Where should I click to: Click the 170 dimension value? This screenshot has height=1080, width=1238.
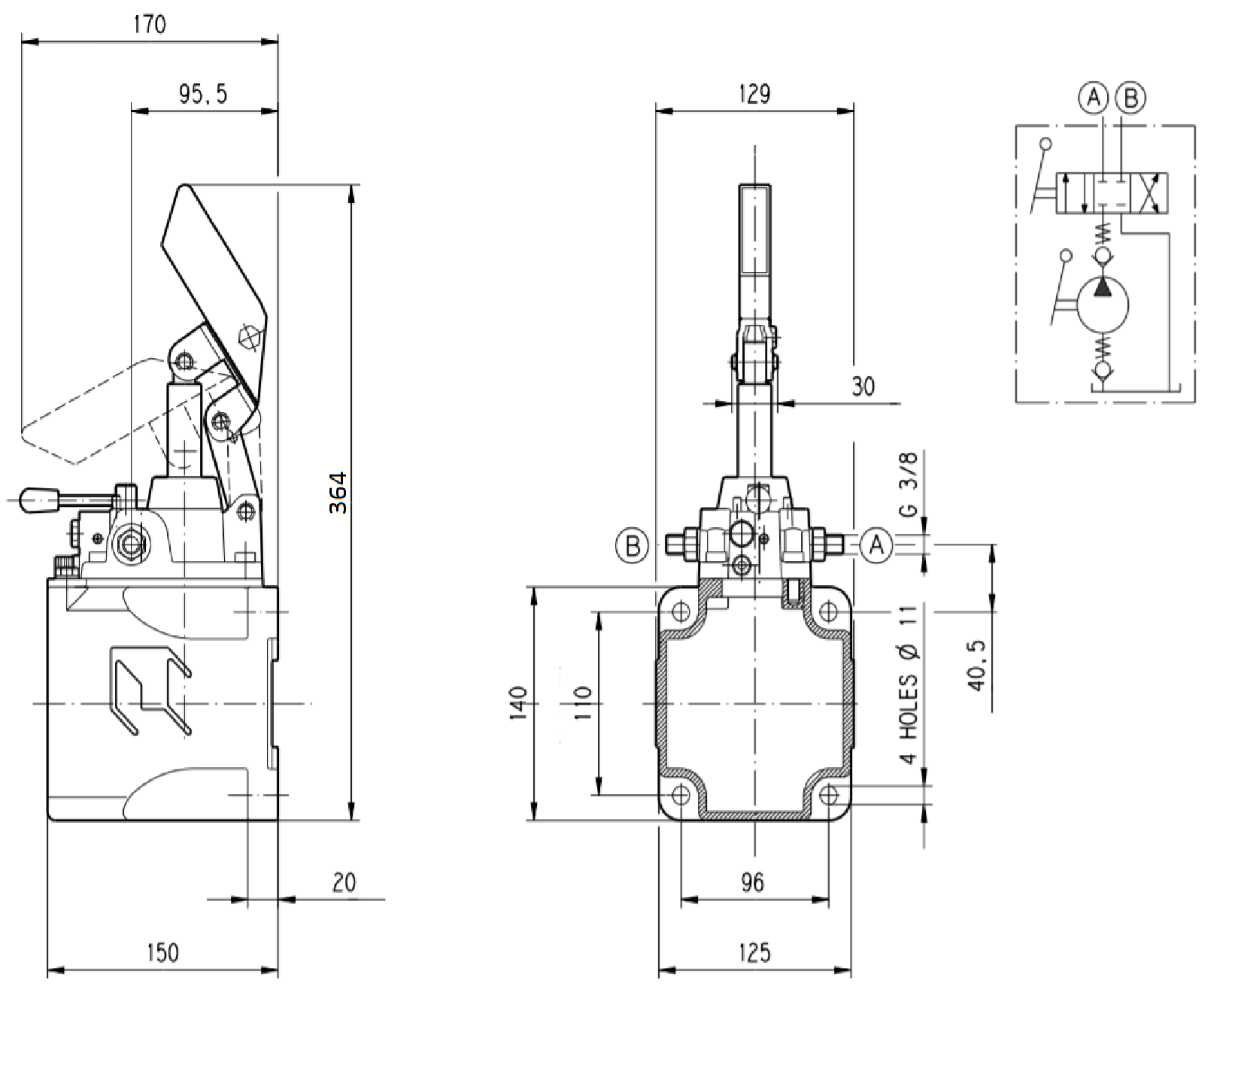coord(149,25)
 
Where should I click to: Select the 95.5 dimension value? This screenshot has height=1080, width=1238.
coord(202,94)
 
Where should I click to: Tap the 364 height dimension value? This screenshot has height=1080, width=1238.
coord(338,493)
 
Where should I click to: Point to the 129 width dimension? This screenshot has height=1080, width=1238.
coord(754,94)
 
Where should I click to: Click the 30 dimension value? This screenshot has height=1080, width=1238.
coord(863,387)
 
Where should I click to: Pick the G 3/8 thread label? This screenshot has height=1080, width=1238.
coord(909,484)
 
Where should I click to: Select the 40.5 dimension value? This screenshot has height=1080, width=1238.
coord(976,666)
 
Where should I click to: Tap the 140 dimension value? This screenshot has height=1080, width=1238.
coord(518,703)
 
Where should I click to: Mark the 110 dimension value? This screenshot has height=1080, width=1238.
coord(583,703)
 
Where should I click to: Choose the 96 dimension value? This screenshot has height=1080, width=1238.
coord(752,882)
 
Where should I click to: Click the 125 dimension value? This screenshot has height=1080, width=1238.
coord(754,953)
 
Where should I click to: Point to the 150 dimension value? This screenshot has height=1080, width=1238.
coord(162,953)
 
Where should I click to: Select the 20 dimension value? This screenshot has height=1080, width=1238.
coord(344,882)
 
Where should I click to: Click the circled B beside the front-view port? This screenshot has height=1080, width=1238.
coord(632,545)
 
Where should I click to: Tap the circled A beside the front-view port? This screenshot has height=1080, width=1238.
coord(876,545)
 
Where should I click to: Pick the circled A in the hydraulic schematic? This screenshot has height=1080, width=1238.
coord(1094,98)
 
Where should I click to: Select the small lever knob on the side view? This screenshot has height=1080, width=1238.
coord(39,499)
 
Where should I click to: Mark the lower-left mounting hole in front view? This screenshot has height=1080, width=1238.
coord(681,794)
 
